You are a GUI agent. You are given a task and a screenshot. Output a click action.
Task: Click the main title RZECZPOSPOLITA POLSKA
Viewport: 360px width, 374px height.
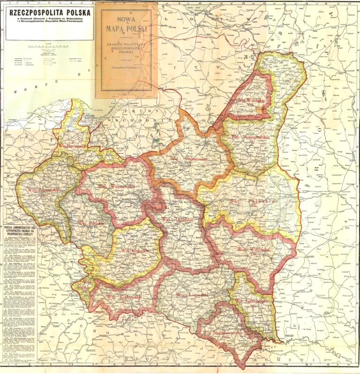[x=47, y=12]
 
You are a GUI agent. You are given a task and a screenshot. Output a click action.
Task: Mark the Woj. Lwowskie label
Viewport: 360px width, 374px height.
[x=187, y=295]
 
